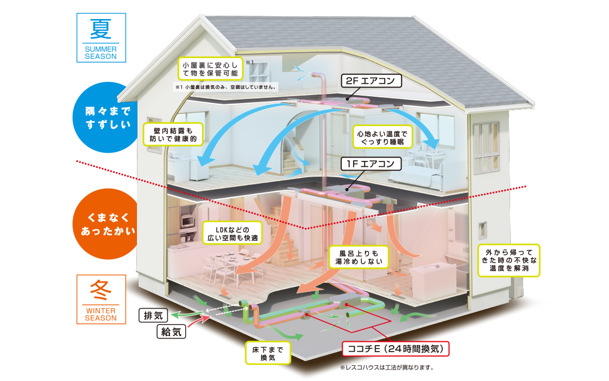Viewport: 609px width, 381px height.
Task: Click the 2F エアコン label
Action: [x=371, y=81]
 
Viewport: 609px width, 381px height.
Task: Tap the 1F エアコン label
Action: [x=371, y=164]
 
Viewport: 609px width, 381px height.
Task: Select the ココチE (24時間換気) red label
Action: [x=395, y=349]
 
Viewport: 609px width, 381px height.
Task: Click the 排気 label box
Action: [x=153, y=315]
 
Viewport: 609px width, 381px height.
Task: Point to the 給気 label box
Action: [x=171, y=332]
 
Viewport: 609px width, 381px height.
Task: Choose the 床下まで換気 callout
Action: [x=268, y=353]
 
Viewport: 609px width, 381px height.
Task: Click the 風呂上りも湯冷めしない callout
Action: [x=359, y=257]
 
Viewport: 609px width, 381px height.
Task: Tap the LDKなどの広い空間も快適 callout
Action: [x=233, y=233]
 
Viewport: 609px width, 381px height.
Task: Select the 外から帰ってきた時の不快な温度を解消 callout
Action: [x=509, y=260]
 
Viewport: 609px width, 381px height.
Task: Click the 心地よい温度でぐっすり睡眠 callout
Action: [x=382, y=137]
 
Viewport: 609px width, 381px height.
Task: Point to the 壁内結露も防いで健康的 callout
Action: [x=173, y=134]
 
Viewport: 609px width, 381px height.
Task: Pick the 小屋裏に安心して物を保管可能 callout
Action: [x=210, y=68]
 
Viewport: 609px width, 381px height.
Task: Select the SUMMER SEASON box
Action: [x=101, y=38]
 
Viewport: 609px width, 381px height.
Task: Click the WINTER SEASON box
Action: [x=101, y=299]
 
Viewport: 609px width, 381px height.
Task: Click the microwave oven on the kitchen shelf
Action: [x=187, y=221]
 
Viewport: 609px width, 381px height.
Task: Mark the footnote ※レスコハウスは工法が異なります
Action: [x=387, y=367]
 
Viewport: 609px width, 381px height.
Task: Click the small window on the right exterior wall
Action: [x=482, y=230]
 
